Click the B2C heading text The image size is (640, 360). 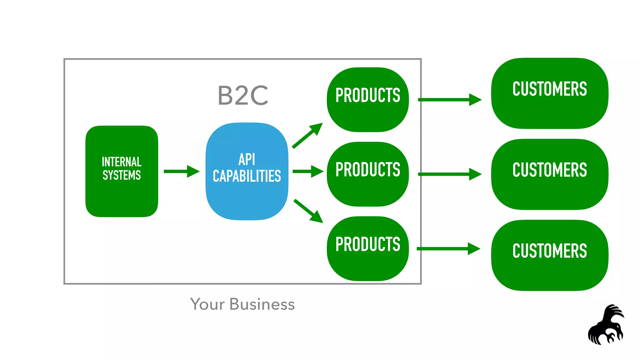243,95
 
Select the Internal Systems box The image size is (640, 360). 122,194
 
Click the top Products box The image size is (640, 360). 368,112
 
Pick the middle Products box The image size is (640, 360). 368,187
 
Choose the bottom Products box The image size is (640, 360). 368,262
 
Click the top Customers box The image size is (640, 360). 550,106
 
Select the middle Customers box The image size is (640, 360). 550,187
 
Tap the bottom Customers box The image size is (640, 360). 550,269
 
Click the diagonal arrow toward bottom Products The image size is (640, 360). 308,211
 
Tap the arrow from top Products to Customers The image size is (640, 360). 449,100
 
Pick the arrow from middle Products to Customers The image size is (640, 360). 449,174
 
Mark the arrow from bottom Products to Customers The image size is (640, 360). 448,249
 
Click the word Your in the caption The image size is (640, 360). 207,304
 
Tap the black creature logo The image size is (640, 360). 606,327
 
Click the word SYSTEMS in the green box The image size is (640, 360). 122,175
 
